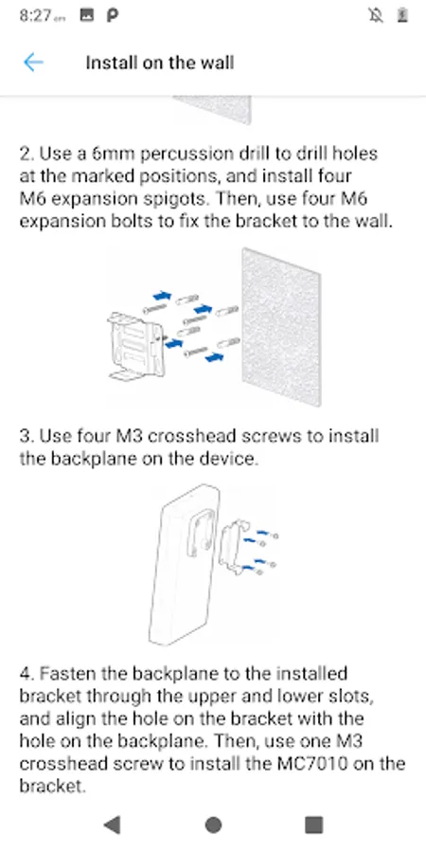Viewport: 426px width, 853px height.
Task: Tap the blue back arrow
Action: coord(32,63)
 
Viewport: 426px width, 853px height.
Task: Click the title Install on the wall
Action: coord(160,63)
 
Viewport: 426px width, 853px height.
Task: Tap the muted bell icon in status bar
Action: coord(376,15)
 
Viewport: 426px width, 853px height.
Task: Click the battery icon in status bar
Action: coord(402,15)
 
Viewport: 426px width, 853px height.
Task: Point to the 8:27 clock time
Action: coord(36,15)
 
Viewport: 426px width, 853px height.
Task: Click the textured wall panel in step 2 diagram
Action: coord(281,326)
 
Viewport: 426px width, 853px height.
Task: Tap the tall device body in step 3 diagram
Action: coord(183,566)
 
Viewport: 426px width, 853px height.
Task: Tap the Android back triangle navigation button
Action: coord(112,825)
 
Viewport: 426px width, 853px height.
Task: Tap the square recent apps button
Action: coord(313,825)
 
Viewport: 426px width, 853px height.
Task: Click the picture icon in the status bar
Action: coord(87,15)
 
